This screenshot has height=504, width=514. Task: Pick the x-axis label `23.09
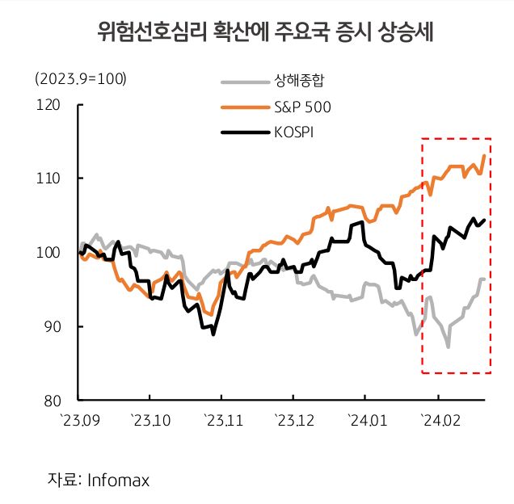[x=79, y=420]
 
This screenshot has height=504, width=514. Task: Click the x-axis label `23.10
[x=150, y=420]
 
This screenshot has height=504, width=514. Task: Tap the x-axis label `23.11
[x=222, y=420]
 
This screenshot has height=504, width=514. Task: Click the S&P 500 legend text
[x=304, y=107]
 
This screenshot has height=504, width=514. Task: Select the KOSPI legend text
[x=295, y=132]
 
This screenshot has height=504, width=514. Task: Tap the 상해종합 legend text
[x=299, y=81]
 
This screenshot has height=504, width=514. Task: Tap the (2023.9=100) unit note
[x=82, y=79]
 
